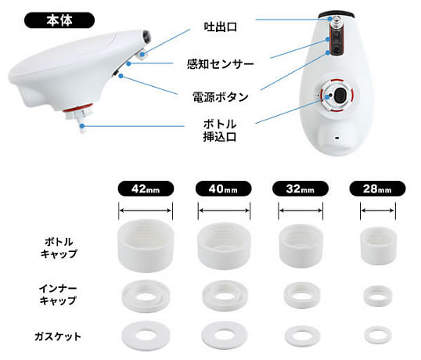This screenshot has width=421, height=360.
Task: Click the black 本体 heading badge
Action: [59, 20]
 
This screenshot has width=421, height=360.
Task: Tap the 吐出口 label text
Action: [220, 27]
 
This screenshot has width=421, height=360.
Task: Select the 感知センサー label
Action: [221, 64]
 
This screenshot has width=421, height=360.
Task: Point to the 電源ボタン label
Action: [221, 97]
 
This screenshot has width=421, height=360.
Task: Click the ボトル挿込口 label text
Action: [220, 131]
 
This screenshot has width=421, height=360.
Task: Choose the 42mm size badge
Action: [146, 189]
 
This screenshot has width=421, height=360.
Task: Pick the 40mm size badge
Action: [223, 189]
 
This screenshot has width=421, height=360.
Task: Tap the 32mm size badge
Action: [300, 189]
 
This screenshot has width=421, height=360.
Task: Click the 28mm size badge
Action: [377, 189]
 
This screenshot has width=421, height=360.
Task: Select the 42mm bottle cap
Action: [146, 246]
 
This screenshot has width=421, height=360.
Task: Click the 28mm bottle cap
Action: [378, 246]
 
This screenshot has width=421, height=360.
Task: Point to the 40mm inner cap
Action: [225, 295]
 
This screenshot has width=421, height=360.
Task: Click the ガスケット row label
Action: [58, 337]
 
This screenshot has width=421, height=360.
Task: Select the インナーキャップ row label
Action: [58, 295]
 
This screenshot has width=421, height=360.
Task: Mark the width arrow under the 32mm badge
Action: [300, 211]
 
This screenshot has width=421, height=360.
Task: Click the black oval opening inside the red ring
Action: [340, 95]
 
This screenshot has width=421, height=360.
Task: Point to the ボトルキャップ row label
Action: [59, 247]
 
